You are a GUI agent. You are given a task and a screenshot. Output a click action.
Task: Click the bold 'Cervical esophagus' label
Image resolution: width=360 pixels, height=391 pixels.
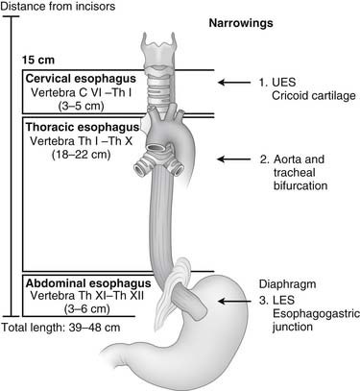71,77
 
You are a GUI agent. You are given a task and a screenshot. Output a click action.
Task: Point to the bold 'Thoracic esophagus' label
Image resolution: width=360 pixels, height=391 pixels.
72,125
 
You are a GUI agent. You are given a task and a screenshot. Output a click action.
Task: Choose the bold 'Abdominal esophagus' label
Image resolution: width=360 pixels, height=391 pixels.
75,284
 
